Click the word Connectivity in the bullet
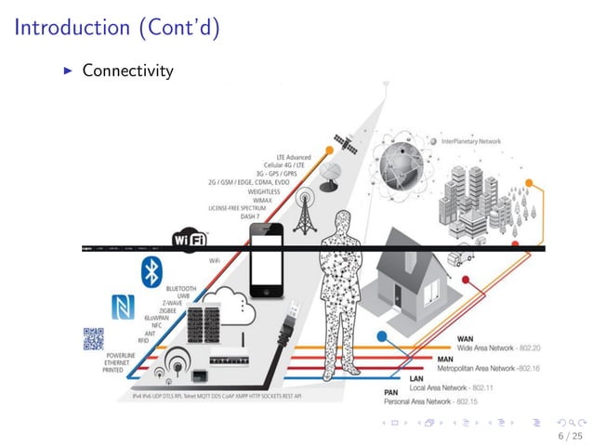click(127, 70)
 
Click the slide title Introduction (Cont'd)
click(116, 28)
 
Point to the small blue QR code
click(93, 340)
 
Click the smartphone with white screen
click(267, 255)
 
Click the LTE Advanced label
click(294, 157)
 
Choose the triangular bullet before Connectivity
click(68, 70)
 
